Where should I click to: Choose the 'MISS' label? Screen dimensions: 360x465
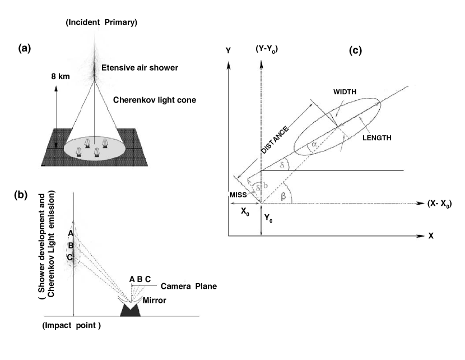(239, 194)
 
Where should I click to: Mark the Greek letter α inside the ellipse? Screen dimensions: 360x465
(314, 145)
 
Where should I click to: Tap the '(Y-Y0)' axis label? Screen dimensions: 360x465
(267, 50)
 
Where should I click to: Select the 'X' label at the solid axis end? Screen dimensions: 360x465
(431, 237)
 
